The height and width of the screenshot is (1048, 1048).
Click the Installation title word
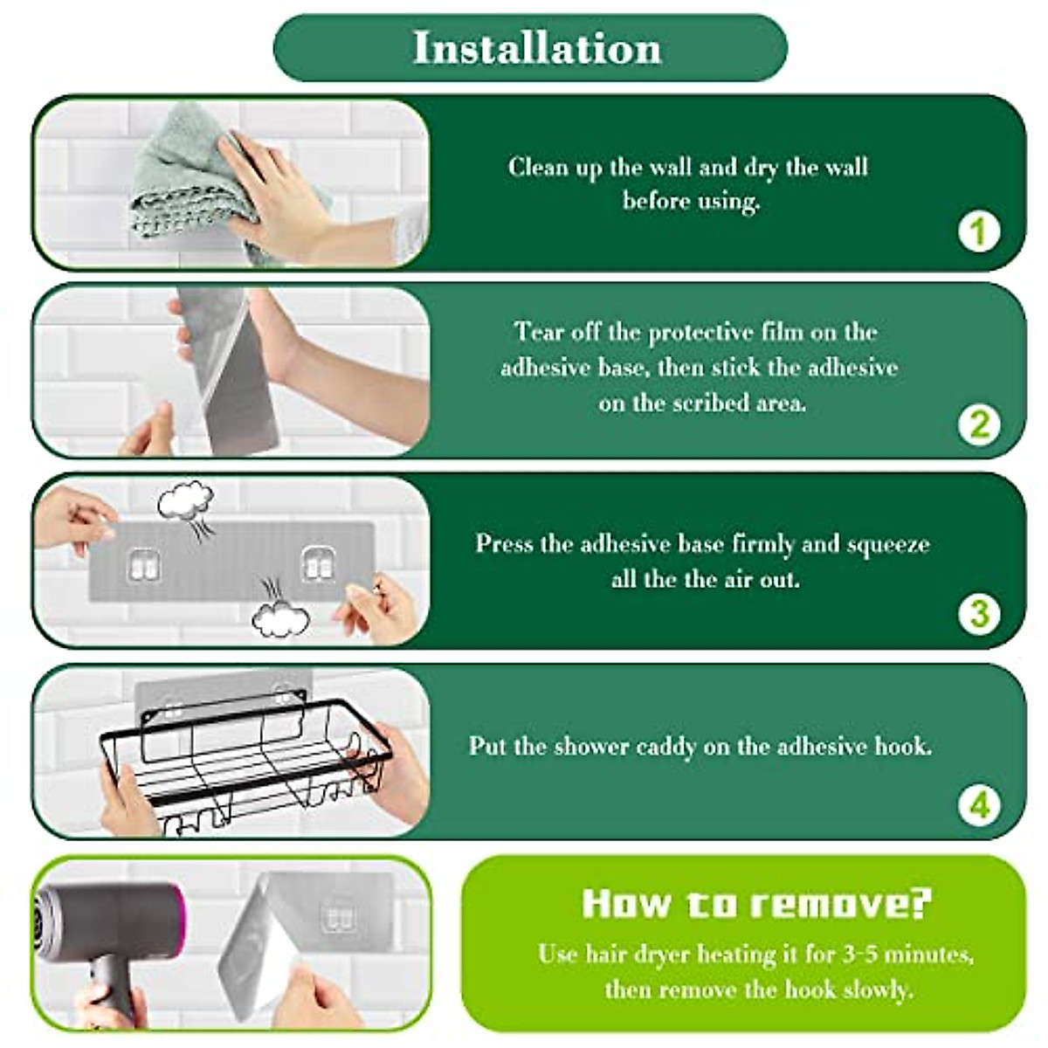click(537, 48)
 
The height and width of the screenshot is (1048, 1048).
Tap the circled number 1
click(978, 231)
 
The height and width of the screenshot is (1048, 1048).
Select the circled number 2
click(979, 424)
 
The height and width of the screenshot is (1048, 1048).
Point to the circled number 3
click(979, 614)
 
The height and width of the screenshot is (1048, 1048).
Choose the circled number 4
click(979, 806)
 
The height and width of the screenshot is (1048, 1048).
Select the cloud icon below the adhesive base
click(280, 618)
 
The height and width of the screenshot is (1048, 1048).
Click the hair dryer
click(109, 941)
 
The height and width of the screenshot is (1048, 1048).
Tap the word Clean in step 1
click(538, 166)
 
